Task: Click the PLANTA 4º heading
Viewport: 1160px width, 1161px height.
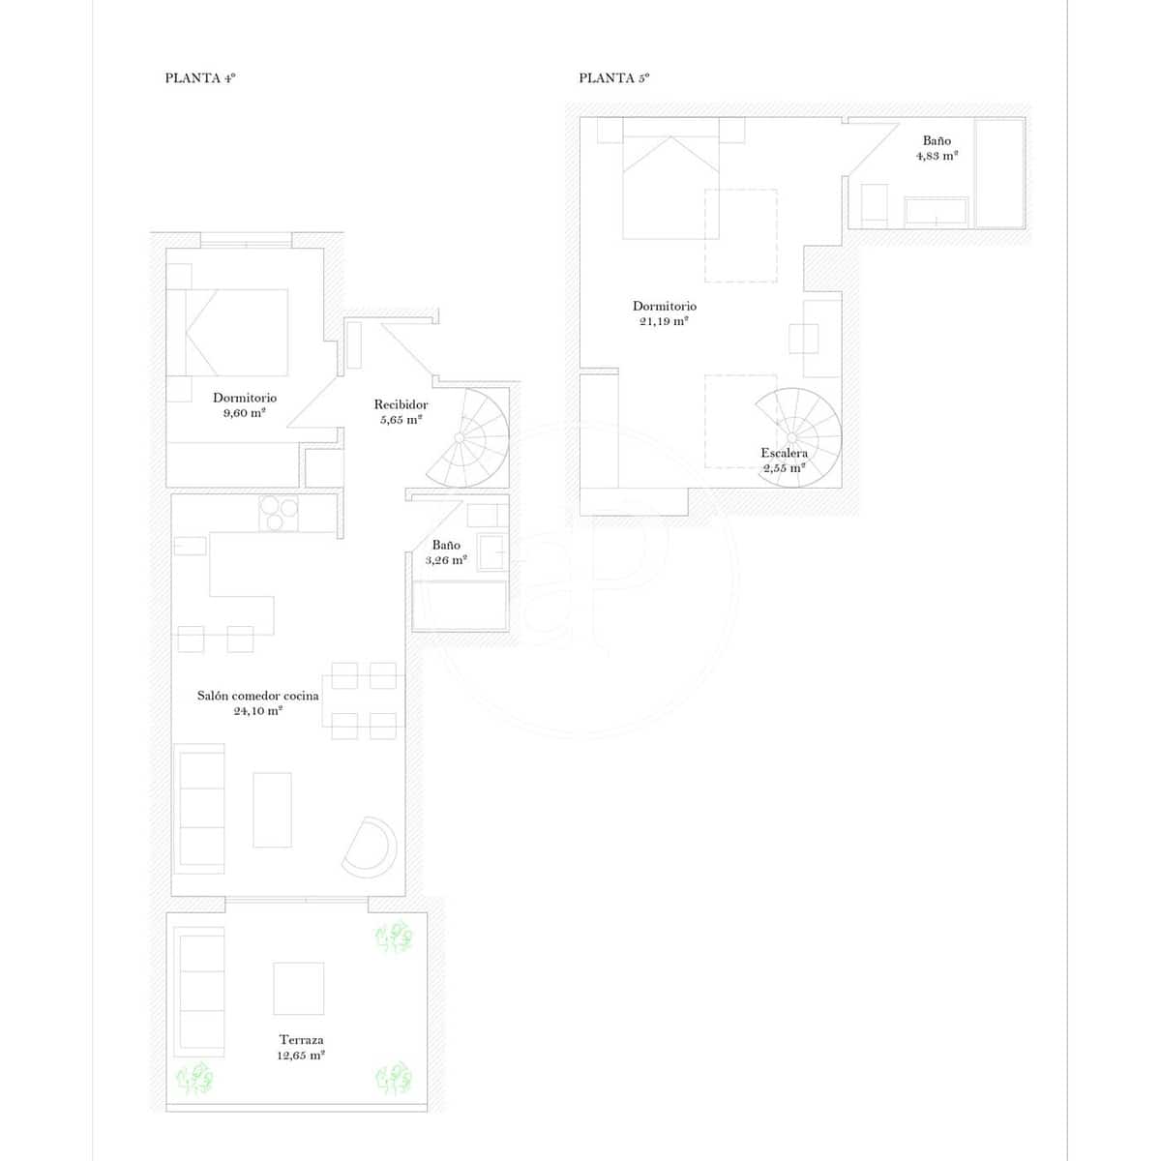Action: (200, 78)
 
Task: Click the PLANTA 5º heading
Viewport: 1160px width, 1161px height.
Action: (613, 78)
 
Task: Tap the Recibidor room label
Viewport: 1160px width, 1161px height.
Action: (401, 404)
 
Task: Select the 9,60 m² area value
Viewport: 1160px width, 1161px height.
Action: (244, 413)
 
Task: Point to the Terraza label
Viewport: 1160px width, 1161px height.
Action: (301, 1040)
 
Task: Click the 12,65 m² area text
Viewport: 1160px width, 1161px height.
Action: (301, 1056)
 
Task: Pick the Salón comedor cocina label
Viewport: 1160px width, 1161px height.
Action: (257, 696)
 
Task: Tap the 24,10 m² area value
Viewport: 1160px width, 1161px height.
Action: (257, 711)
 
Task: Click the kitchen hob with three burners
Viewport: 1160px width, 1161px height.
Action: (280, 513)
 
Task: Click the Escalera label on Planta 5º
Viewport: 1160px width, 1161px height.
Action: (784, 453)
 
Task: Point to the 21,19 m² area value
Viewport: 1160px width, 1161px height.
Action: (664, 321)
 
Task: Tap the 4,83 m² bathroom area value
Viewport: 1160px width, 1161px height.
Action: (937, 156)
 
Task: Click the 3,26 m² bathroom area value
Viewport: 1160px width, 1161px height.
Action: (446, 560)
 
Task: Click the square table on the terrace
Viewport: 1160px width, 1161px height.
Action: (298, 988)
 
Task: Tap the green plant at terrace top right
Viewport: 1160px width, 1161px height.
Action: (394, 937)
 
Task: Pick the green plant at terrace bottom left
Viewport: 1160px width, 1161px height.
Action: (194, 1077)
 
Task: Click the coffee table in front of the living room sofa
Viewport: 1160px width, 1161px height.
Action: (272, 809)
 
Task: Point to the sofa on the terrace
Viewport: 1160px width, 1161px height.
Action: (200, 991)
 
